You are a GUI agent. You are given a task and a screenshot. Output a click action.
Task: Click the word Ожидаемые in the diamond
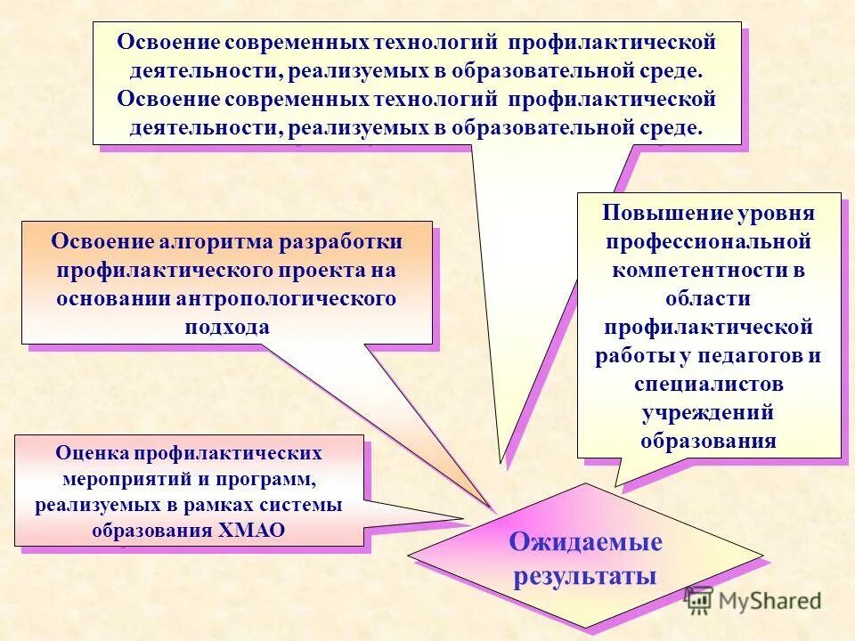click(x=585, y=542)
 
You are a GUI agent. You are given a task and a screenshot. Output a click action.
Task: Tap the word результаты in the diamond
click(x=585, y=575)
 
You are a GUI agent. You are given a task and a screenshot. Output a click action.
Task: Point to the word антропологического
click(x=281, y=298)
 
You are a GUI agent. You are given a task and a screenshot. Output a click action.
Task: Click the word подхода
click(x=226, y=327)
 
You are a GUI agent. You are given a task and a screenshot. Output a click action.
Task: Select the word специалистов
click(x=709, y=384)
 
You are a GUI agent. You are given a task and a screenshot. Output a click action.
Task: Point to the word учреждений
click(x=708, y=412)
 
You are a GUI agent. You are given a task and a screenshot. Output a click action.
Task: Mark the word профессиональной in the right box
click(x=708, y=241)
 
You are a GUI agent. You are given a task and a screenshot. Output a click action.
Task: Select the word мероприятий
click(x=126, y=479)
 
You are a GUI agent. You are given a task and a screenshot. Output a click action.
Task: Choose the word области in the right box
click(x=708, y=298)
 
